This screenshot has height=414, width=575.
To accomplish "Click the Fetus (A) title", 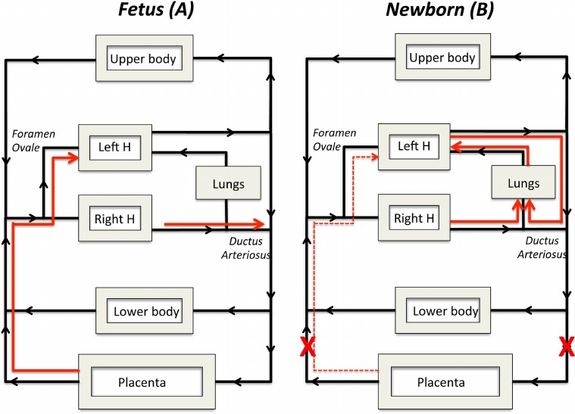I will coord(145,11).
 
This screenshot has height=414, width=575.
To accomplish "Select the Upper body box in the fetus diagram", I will coord(142,58).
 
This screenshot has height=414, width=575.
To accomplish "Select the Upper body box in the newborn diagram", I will coord(442,58).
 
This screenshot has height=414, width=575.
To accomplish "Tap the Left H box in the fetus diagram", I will coord(114,146).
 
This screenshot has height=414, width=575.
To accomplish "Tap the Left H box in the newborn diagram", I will coord(414,146).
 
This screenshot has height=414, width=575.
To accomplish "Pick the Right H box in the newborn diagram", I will coord(414,218).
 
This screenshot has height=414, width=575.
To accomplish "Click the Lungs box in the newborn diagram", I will coord(523,183).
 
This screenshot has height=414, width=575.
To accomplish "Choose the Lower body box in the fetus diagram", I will coord(145,310).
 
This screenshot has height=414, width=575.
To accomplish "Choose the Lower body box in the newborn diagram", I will coord(445,310).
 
